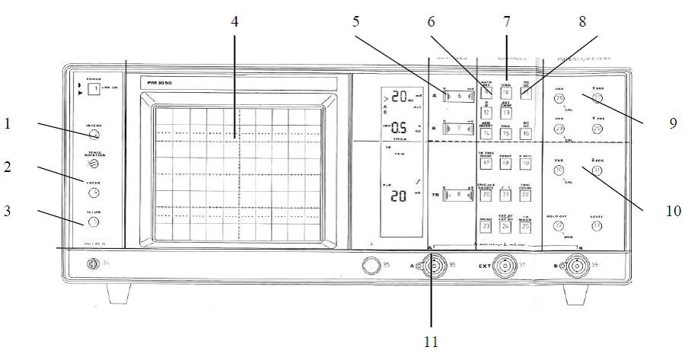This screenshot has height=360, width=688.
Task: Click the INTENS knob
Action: tap(94, 135)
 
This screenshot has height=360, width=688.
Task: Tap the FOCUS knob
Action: tap(94, 192)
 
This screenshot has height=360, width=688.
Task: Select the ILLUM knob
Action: tap(94, 221)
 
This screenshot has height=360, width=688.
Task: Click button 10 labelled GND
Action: tap(505, 93)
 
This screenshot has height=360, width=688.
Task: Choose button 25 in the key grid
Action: tap(525, 226)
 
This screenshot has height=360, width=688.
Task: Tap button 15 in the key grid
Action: tap(505, 132)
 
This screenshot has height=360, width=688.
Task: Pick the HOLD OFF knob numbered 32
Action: tap(559, 225)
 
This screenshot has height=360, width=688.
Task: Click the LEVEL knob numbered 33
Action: tap(597, 225)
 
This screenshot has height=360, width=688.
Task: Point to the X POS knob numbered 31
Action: tap(597, 170)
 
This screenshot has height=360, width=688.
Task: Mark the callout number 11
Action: tap(431, 342)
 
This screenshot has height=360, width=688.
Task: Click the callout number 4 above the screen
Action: tap(235, 21)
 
